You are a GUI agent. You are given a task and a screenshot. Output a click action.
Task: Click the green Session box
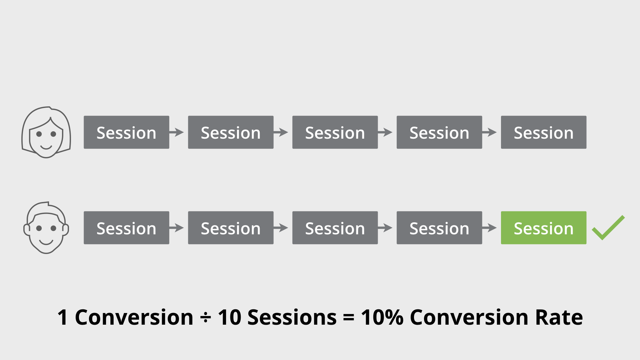543,228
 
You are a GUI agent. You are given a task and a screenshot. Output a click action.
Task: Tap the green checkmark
608,228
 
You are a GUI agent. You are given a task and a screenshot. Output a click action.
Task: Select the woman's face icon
46,133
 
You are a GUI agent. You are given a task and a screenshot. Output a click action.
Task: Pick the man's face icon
46,228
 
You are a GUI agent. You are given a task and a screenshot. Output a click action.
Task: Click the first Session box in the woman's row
126,132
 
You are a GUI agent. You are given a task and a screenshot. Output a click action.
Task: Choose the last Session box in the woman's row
543,132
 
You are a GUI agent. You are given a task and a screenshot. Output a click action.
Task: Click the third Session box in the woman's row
335,132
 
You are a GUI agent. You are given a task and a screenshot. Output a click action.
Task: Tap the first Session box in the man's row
126,228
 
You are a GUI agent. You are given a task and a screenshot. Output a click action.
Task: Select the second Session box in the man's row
231,228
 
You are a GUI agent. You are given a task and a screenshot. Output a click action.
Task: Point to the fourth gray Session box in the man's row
439,228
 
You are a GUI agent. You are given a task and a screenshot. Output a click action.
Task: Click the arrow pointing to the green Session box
490,228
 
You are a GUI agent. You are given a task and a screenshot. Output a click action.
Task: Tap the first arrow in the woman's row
177,132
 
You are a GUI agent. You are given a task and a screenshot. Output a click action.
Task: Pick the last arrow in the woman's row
490,132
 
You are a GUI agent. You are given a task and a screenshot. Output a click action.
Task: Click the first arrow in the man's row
177,228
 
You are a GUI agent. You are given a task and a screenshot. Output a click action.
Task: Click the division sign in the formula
205,317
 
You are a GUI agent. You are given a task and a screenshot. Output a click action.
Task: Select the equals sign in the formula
348,317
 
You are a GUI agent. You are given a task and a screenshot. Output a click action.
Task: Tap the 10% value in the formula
382,317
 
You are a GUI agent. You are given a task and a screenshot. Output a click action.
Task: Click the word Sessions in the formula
292,317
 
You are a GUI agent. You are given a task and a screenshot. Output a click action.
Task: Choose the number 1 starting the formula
63,317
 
